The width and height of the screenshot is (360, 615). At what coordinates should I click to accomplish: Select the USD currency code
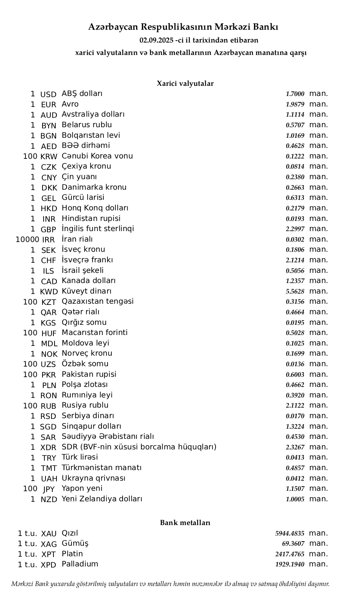pyautogui.click(x=48, y=94)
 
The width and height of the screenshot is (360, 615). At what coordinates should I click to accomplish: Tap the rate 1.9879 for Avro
pyautogui.click(x=295, y=105)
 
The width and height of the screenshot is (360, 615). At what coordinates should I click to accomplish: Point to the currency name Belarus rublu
pyautogui.click(x=87, y=125)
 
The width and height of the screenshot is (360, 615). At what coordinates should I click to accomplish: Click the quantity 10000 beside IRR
pyautogui.click(x=27, y=239)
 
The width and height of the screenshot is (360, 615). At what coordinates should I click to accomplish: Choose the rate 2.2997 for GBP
pyautogui.click(x=295, y=229)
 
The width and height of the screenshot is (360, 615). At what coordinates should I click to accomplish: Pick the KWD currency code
pyautogui.click(x=49, y=292)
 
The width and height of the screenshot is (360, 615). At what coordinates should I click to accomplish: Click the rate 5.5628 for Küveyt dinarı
pyautogui.click(x=295, y=292)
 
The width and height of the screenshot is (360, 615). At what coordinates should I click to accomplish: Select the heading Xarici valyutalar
pyautogui.click(x=185, y=84)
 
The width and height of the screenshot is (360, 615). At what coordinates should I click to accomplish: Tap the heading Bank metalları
pyautogui.click(x=185, y=523)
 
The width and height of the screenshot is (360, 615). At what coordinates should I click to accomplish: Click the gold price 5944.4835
pyautogui.click(x=290, y=533)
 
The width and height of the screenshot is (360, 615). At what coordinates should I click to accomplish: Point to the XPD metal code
pyautogui.click(x=48, y=565)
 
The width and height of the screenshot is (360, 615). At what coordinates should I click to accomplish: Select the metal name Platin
pyautogui.click(x=72, y=554)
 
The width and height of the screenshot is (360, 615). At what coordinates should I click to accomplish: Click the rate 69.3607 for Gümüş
pyautogui.click(x=293, y=544)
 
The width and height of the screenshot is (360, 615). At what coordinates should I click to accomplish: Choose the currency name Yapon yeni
pyautogui.click(x=82, y=489)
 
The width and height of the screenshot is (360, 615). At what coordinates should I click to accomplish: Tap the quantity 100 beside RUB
pyautogui.click(x=30, y=406)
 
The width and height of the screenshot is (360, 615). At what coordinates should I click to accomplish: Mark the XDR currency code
pyautogui.click(x=48, y=448)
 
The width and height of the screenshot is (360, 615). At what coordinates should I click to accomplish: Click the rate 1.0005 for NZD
pyautogui.click(x=295, y=499)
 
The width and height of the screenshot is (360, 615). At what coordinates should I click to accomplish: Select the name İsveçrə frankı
pyautogui.click(x=87, y=260)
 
